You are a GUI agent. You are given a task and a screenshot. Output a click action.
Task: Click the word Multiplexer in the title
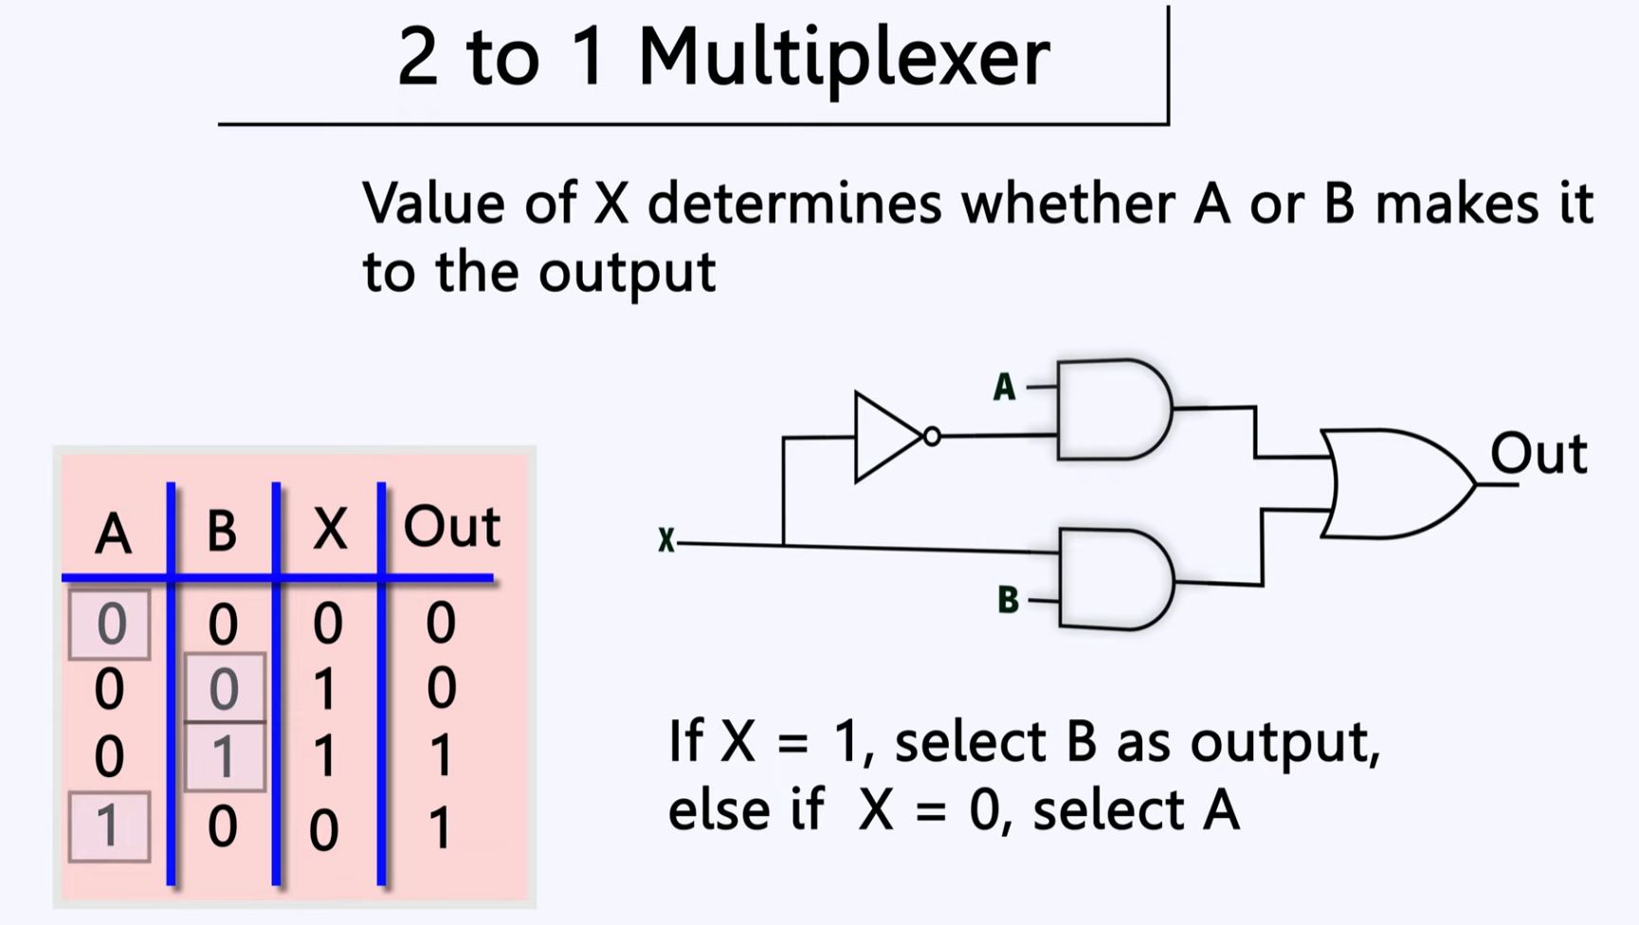point(844,57)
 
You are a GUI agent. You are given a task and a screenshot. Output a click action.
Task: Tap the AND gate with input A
point(1113,409)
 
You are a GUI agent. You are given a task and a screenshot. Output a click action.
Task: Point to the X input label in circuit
point(666,541)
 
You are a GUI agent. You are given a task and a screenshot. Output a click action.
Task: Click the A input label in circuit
point(1004,388)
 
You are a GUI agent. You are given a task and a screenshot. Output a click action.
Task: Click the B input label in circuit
point(1008,600)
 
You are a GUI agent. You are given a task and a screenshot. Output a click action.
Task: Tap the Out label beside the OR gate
point(1538,454)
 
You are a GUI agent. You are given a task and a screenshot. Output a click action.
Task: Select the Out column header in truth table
point(451,527)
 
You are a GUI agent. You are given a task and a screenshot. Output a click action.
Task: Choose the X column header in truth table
point(329,529)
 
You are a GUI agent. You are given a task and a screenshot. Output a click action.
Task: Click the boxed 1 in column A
point(109,826)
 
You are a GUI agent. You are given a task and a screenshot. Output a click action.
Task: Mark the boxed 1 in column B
point(224,756)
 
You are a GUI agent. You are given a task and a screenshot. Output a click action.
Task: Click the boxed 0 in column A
point(110,624)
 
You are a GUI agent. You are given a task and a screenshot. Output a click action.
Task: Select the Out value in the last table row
point(440,827)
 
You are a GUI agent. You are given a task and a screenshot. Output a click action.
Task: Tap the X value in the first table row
point(327,624)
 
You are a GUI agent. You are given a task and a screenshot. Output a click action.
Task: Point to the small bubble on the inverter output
point(932,436)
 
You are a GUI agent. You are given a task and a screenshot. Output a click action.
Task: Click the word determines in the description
point(794,203)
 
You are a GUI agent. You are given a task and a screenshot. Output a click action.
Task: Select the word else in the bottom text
point(715,810)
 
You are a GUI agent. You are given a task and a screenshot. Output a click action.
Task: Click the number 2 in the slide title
point(417,57)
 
